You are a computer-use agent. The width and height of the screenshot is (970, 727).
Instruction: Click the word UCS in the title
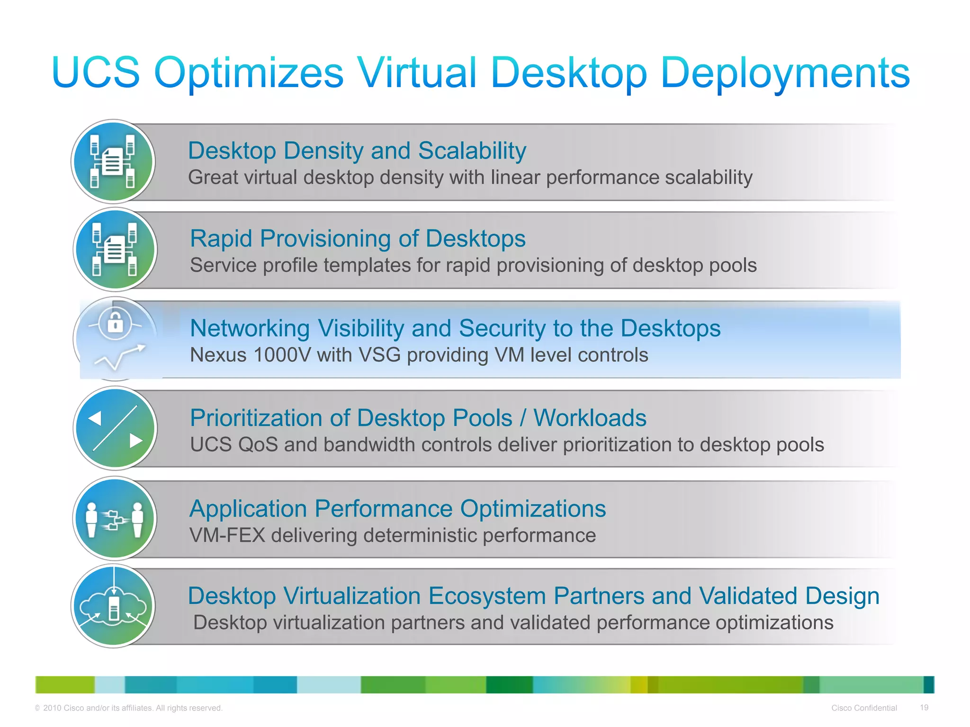[x=96, y=72]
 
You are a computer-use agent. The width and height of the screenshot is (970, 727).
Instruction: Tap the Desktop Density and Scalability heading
[x=357, y=151]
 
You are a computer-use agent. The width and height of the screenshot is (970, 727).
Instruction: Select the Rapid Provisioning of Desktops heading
[x=358, y=239]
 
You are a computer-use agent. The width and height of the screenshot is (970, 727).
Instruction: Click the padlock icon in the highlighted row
[x=115, y=324]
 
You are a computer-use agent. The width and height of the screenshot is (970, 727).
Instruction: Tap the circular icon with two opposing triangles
[x=115, y=428]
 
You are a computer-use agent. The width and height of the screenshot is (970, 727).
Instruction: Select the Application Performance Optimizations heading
[x=397, y=509]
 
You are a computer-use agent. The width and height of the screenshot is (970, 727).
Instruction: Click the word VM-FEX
[x=227, y=536]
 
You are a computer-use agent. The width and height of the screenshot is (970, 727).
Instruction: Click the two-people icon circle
[x=115, y=519]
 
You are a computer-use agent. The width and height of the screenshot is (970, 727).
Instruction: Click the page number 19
[x=924, y=708]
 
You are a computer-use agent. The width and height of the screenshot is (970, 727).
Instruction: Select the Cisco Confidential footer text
[x=863, y=708]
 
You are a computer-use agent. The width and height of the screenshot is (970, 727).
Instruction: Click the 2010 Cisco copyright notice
[x=128, y=708]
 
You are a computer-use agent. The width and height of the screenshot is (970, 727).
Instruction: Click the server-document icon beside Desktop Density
[x=113, y=162]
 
